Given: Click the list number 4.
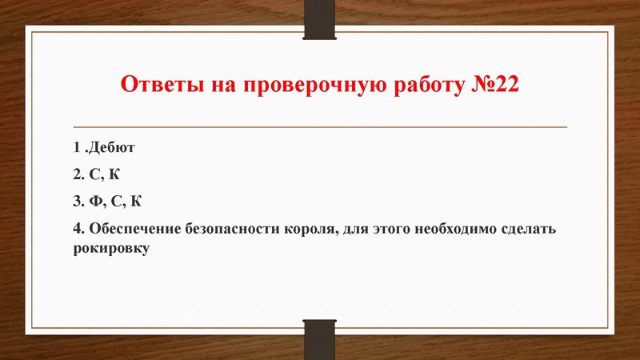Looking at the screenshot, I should pyautogui.click(x=77, y=228).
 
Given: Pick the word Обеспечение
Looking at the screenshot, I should pyautogui.click(x=134, y=228).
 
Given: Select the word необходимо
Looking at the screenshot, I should pyautogui.click(x=463, y=228).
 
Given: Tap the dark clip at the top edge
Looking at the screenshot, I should pyautogui.click(x=321, y=18).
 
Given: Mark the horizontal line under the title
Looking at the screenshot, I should pyautogui.click(x=320, y=127).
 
